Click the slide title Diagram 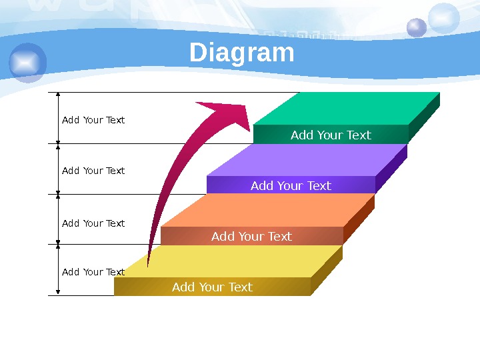click(x=241, y=53)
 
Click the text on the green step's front click(x=331, y=135)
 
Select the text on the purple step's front click(x=291, y=186)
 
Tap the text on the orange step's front click(x=251, y=237)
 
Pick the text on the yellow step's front click(x=212, y=287)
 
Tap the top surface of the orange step click(x=267, y=211)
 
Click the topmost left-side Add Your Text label click(x=93, y=120)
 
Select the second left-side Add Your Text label click(x=93, y=171)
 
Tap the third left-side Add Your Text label click(x=93, y=223)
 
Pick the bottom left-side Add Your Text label click(x=93, y=272)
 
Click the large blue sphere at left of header click(x=28, y=63)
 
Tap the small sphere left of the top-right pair click(x=417, y=27)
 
